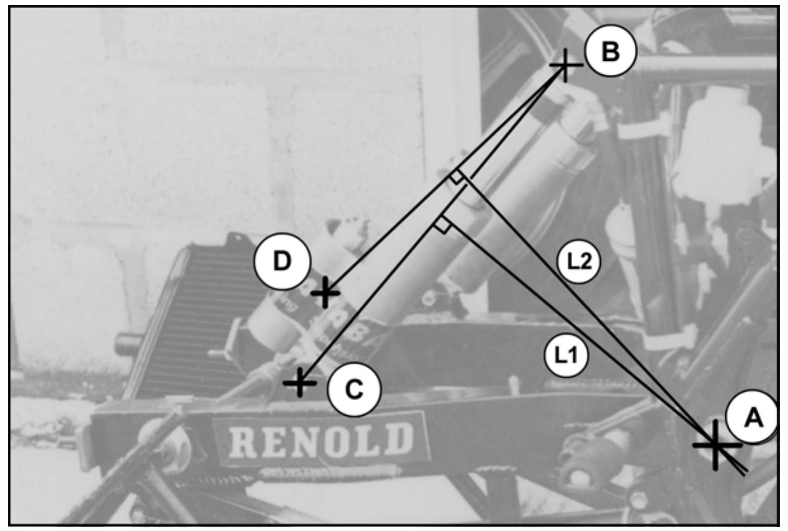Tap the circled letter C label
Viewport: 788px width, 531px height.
354,389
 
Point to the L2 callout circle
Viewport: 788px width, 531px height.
579,261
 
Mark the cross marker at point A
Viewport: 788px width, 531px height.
715,445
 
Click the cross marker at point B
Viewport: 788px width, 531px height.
565,65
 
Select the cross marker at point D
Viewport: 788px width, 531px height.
325,292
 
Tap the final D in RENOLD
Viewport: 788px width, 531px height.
398,438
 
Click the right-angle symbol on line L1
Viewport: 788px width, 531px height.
442,225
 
